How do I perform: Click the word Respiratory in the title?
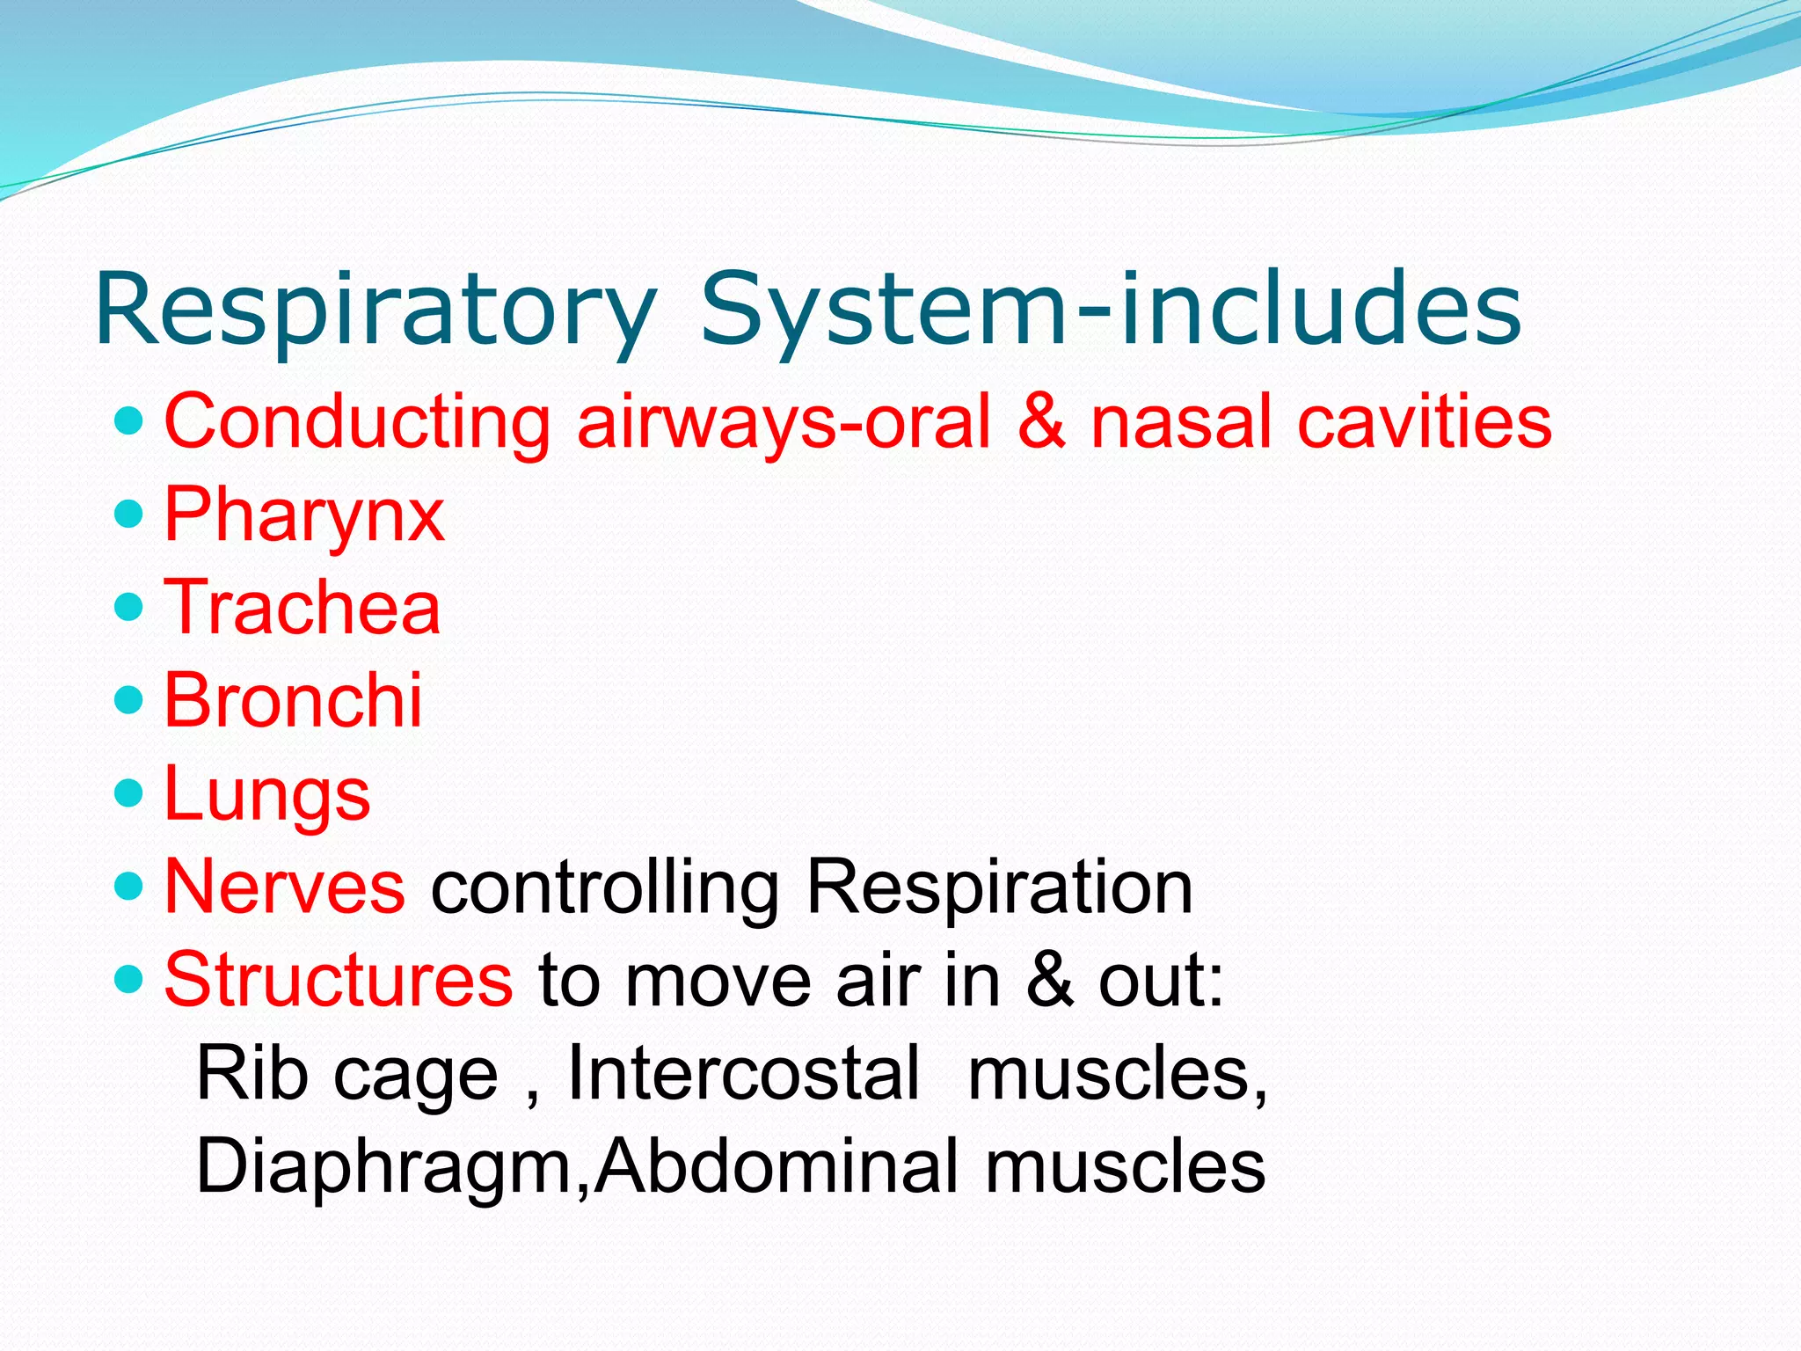376,310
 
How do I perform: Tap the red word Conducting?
357,422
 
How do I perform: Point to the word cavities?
1425,422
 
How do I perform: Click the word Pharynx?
304,516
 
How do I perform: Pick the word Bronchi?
293,700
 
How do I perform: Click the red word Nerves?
284,887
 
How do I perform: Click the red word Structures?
339,980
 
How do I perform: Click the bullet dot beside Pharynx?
128,514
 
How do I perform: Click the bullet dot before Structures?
128,977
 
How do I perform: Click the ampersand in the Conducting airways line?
1041,422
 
